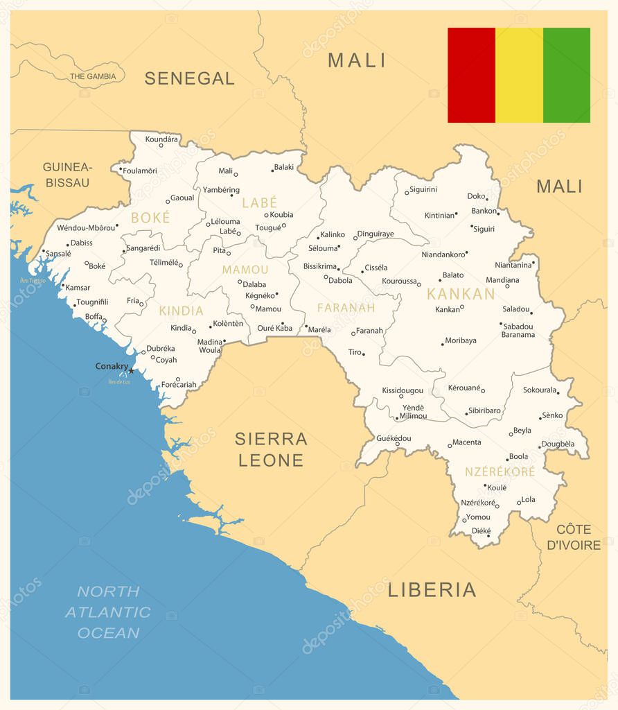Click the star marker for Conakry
pos(131,371)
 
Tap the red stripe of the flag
pos(471,75)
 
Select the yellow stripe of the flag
pos(519,75)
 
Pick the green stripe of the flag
pos(567,75)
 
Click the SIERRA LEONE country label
pos(270,449)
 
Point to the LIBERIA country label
pos(432,589)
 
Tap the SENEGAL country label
pos(189,78)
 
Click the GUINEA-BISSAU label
pos(67,175)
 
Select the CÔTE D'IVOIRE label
pos(574,537)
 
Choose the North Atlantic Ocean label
pos(108,612)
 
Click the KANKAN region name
pos(461,294)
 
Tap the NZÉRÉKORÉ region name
pos(500,471)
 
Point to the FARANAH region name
pos(346,307)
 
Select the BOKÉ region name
pos(150,218)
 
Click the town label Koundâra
pos(161,139)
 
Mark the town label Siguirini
pos(423,189)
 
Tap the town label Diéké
pos(481,530)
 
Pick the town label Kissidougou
pos(402,390)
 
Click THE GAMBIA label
pos(92,76)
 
